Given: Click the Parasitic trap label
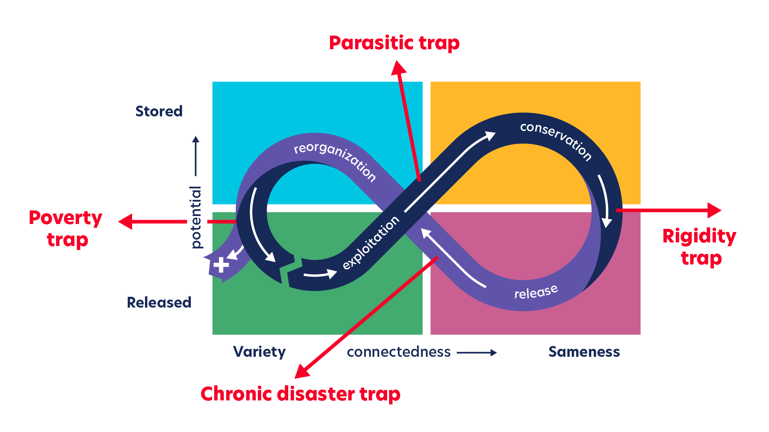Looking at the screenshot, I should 394,43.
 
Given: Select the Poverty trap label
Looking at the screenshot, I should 66,228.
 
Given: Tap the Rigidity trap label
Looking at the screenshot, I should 699,246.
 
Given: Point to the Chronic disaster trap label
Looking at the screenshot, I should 300,394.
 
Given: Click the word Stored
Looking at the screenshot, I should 159,111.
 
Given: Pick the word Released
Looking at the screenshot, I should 159,302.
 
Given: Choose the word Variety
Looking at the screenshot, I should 259,352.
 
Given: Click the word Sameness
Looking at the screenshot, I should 584,352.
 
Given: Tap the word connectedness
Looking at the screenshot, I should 399,352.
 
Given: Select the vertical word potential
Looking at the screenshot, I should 196,217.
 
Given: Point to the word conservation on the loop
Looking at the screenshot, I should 556,140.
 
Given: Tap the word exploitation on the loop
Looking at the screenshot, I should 371,242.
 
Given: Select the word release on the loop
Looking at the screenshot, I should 536,292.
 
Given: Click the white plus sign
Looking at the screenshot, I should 221,265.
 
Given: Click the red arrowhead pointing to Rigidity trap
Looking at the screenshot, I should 714,210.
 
